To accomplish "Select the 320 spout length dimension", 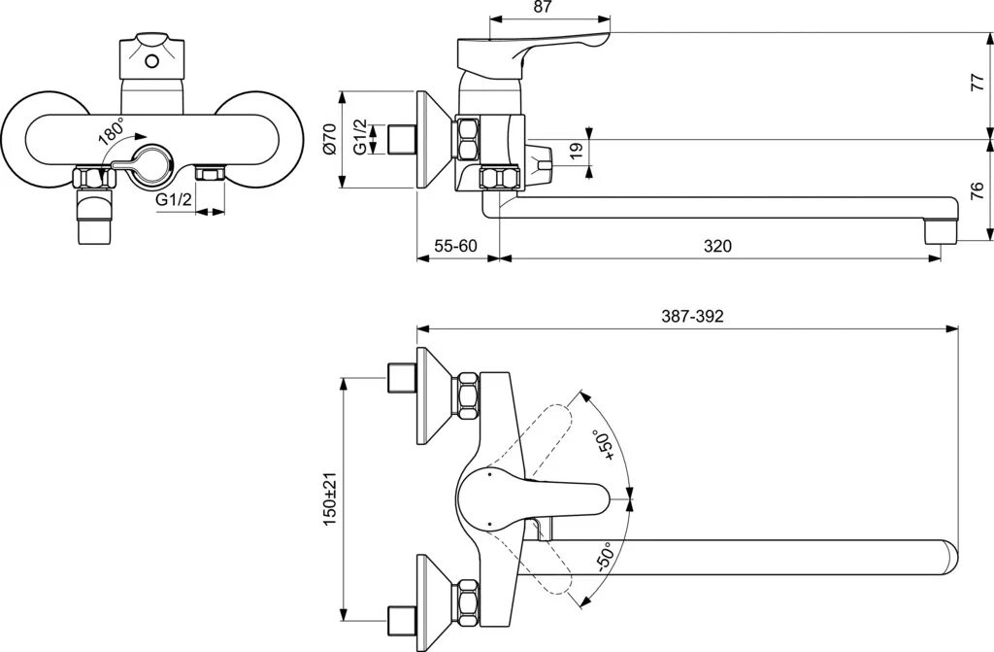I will [x=717, y=246].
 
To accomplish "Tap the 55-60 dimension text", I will [x=454, y=246].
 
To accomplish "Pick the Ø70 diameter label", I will [x=329, y=140].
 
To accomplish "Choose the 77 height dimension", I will [x=977, y=84].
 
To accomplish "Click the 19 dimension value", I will [x=576, y=150].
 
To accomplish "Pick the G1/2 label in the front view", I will [x=174, y=201].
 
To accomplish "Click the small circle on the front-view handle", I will [x=150, y=61].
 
